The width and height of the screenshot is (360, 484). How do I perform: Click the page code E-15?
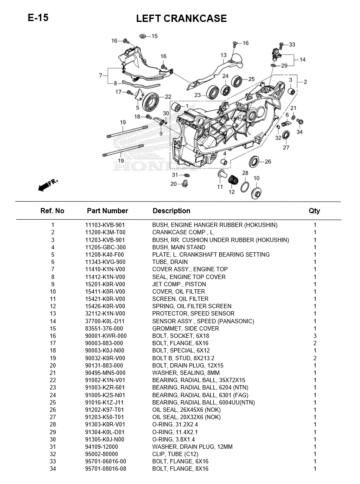point(38,18)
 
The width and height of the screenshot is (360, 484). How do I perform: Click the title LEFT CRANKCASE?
point(182,18)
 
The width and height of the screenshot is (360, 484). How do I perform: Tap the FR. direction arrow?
point(48,184)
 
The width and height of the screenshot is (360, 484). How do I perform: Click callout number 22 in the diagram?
point(168,97)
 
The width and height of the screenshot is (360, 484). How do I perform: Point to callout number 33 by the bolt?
point(292,44)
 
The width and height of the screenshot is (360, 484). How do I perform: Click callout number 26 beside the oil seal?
point(268,162)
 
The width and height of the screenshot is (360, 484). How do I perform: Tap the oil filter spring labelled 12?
point(233,180)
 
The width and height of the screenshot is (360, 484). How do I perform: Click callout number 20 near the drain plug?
point(173,184)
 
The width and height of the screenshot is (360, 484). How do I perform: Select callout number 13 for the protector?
point(224,55)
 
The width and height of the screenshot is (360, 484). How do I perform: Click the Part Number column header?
point(108,211)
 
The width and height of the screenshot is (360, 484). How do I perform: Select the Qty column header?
point(314,211)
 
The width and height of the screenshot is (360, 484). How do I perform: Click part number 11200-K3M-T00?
point(105,233)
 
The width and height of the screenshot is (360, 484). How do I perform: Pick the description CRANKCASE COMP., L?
point(183,233)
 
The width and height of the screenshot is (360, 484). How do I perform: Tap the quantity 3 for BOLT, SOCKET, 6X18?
point(315,336)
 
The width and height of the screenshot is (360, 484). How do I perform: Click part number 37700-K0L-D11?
point(105,321)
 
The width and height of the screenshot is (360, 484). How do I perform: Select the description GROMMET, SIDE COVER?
point(185,328)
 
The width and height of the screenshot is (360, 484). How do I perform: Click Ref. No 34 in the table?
point(53,469)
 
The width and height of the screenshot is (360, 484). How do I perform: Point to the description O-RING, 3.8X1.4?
point(173,439)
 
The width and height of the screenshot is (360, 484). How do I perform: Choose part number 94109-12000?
point(102,447)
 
